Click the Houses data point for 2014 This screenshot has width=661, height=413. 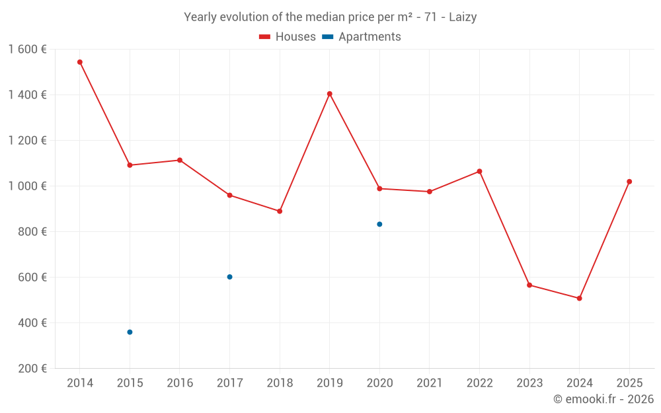(80, 62)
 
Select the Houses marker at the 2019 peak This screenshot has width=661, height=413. (329, 94)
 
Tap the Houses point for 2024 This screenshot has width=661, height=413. (579, 298)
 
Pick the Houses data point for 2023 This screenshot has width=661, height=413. (529, 285)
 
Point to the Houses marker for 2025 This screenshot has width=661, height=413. (629, 182)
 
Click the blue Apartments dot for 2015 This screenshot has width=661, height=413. (130, 332)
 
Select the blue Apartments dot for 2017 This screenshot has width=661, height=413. (229, 277)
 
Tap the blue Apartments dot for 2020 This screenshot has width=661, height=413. (379, 224)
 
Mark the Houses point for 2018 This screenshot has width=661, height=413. (280, 211)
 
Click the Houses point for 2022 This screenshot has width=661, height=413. (479, 171)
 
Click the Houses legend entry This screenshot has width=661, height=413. (288, 37)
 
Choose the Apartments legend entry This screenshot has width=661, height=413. (362, 37)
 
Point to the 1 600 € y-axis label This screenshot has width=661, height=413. (27, 49)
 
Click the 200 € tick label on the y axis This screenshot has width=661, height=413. (32, 369)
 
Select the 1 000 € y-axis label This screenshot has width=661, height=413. (27, 186)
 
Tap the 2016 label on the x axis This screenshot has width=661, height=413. (180, 383)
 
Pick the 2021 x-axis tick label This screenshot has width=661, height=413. (430, 383)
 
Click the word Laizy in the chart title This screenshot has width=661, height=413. (463, 17)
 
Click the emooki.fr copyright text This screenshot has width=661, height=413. (603, 399)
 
